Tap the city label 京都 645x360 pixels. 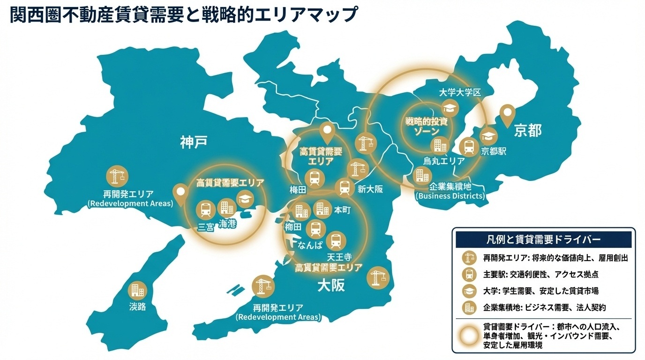527,130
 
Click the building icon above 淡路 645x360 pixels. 137,290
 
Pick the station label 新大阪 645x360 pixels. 370,189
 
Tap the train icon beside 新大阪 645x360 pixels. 345,187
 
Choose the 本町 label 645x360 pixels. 342,210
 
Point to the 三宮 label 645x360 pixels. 206,227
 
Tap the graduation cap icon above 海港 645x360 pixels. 244,199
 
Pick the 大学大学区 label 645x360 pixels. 460,92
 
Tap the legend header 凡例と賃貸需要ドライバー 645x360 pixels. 543,240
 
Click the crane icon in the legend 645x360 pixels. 468,258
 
